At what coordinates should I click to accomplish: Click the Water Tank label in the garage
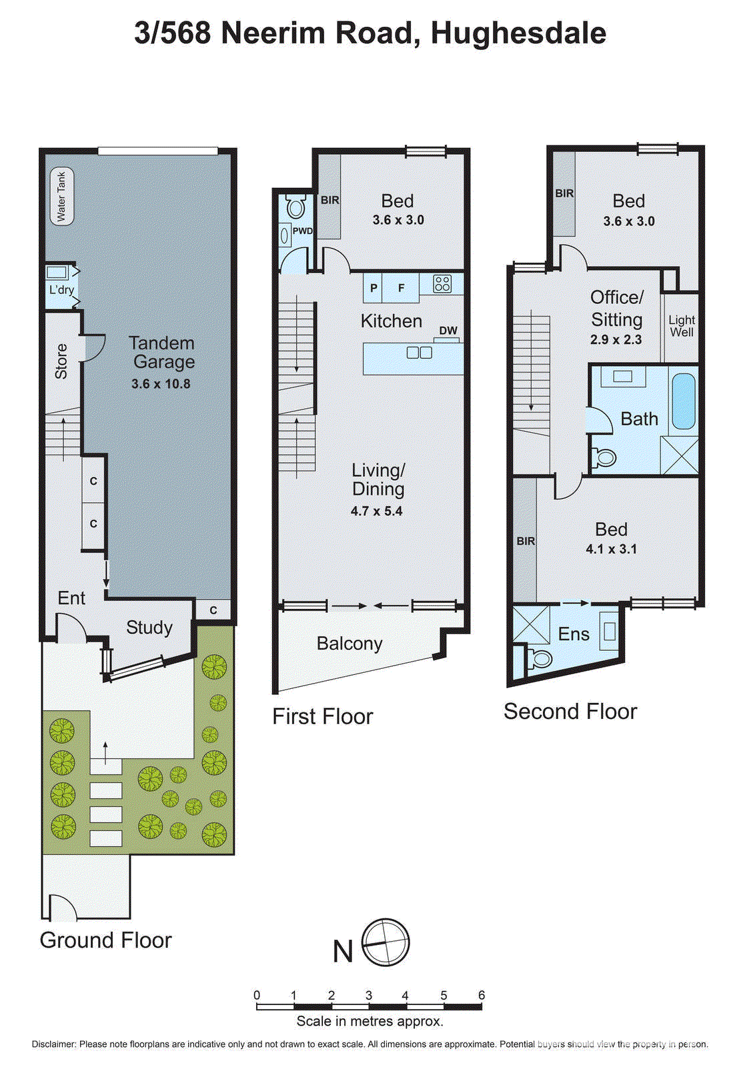click(x=61, y=196)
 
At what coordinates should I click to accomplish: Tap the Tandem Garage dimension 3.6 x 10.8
click(x=161, y=384)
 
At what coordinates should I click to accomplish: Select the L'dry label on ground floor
click(x=61, y=290)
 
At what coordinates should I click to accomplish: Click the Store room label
click(x=61, y=361)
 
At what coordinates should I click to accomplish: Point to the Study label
click(x=149, y=628)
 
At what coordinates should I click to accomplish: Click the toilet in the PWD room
click(x=295, y=208)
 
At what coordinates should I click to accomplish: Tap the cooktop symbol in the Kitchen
click(x=442, y=284)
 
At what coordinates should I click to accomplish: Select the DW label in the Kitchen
click(x=448, y=331)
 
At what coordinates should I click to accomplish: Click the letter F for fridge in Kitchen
click(x=401, y=288)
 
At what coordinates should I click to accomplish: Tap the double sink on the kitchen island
click(x=420, y=352)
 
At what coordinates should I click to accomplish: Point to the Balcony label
click(x=349, y=644)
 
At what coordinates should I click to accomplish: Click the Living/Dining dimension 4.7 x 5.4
click(x=377, y=511)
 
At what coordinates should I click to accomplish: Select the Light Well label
click(x=682, y=326)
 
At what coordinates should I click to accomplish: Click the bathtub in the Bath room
click(x=684, y=401)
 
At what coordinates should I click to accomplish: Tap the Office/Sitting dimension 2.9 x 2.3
click(x=616, y=339)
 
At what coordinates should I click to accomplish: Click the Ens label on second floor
click(x=574, y=634)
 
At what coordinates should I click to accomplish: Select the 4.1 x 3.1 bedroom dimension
click(x=611, y=550)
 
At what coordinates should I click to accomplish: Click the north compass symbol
click(x=386, y=943)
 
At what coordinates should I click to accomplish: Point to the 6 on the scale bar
click(x=481, y=995)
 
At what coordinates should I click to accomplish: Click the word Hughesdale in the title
click(x=518, y=33)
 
